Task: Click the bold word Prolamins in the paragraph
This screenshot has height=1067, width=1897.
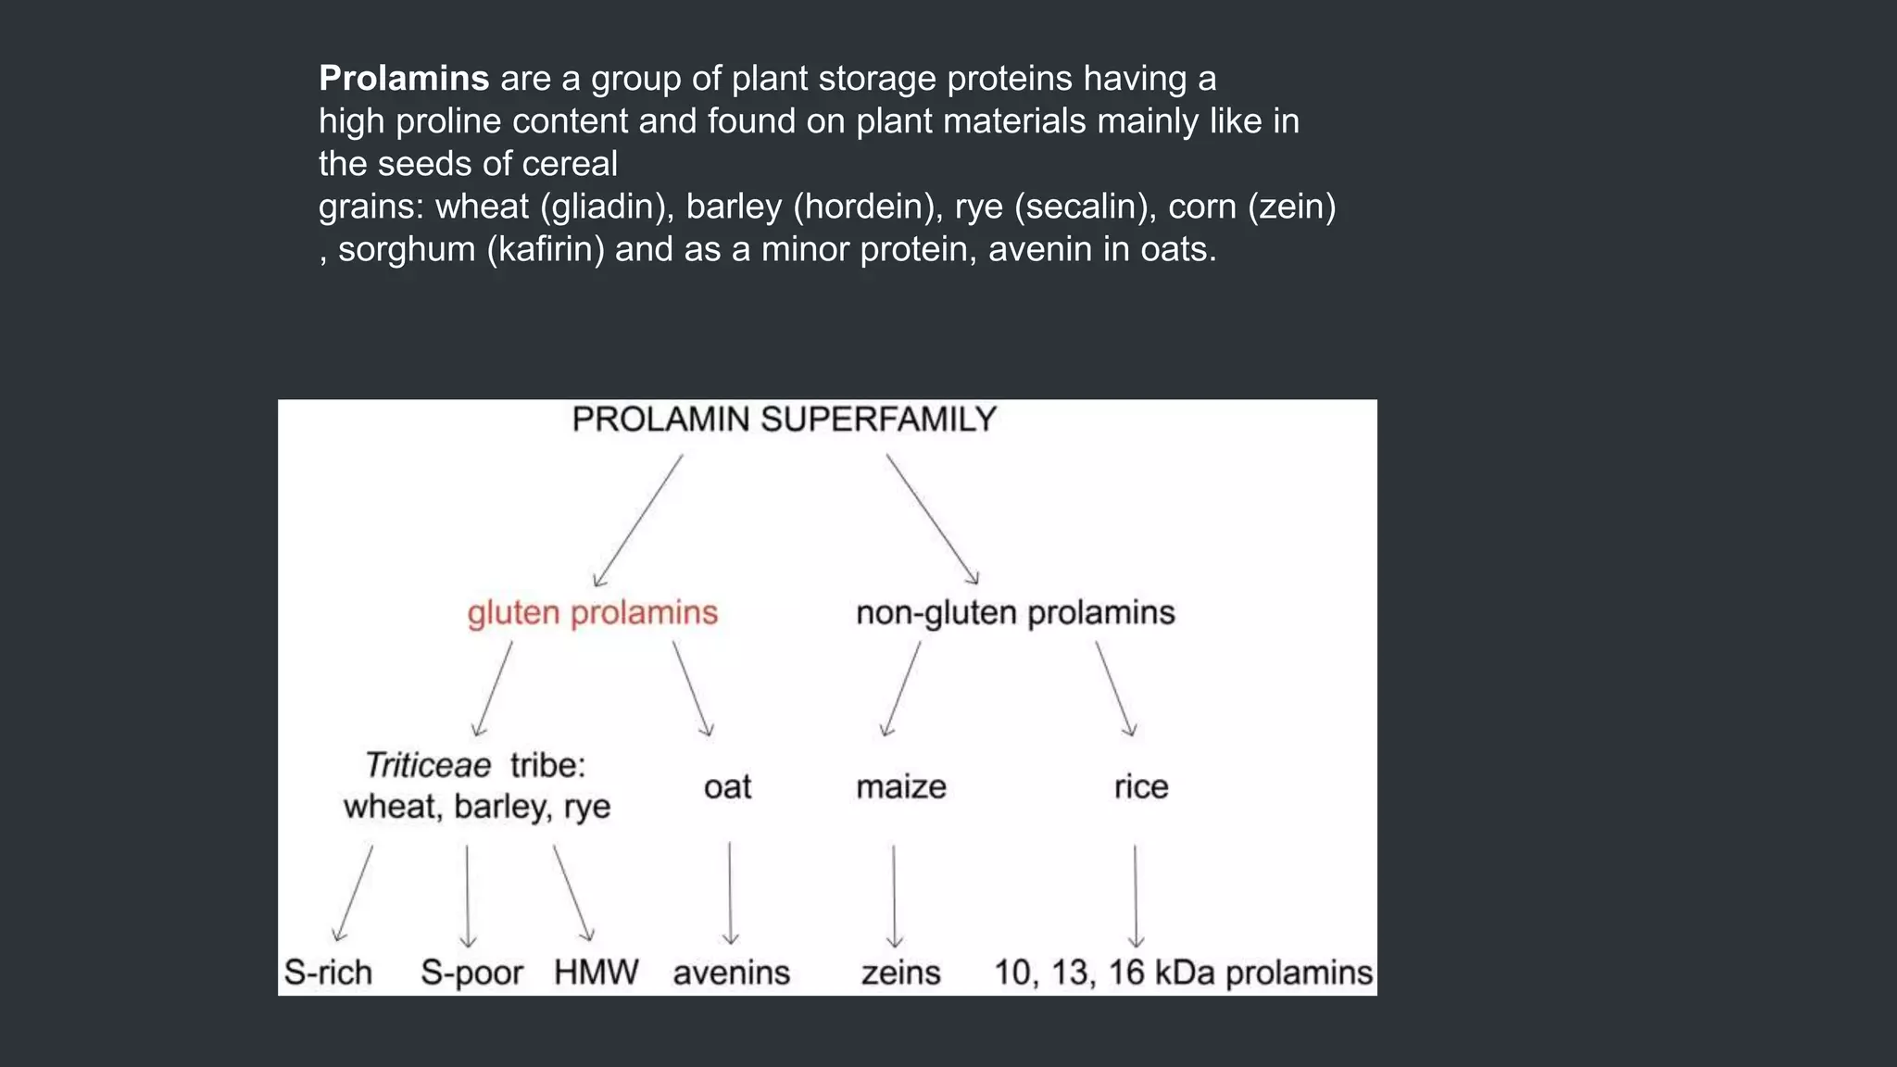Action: point(403,79)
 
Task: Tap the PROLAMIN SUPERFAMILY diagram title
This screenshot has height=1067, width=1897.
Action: point(784,420)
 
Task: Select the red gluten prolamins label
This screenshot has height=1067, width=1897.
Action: point(592,613)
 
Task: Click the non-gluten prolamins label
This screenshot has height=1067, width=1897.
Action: point(1015,613)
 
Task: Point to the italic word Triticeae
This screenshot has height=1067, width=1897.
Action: point(428,766)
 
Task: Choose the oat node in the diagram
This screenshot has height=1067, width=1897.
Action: point(727,787)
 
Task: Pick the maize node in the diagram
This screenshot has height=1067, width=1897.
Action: point(900,787)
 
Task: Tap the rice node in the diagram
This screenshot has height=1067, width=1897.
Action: point(1140,787)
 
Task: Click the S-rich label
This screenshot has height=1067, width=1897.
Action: point(328,973)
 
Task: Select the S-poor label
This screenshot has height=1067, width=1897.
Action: point(471,973)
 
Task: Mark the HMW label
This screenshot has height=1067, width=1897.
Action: point(596,973)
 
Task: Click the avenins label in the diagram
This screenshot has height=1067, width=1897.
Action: point(731,973)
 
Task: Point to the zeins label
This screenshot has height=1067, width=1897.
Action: point(900,973)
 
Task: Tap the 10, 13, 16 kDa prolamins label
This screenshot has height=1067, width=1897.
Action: point(1183,973)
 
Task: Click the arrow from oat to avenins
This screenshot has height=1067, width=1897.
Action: point(730,893)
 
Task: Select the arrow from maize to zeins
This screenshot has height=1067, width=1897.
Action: point(894,895)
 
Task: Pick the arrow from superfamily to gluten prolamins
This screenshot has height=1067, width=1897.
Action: point(638,520)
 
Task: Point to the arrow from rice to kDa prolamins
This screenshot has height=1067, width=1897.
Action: point(1136,895)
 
